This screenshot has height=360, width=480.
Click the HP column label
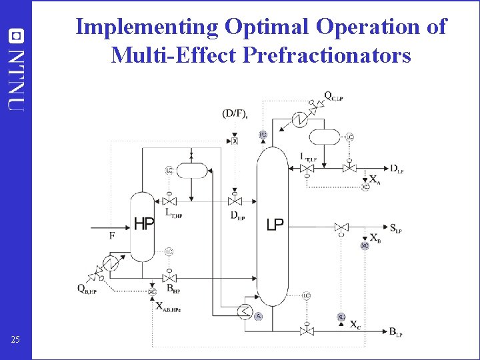[x=145, y=224]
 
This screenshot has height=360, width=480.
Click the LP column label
[x=275, y=225]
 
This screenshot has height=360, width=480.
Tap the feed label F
[x=112, y=235]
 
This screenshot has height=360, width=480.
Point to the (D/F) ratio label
[x=235, y=114]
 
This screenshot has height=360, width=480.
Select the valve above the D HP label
[x=235, y=201]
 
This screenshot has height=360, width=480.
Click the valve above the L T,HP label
[x=170, y=201]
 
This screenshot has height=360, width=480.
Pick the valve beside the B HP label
[x=170, y=277]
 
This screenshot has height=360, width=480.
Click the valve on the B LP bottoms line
[x=307, y=331]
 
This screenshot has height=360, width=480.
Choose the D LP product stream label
[x=397, y=168]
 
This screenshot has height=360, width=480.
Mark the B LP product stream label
[x=395, y=331]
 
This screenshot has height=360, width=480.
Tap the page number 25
[x=15, y=341]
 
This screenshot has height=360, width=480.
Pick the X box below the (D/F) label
[x=235, y=141]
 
